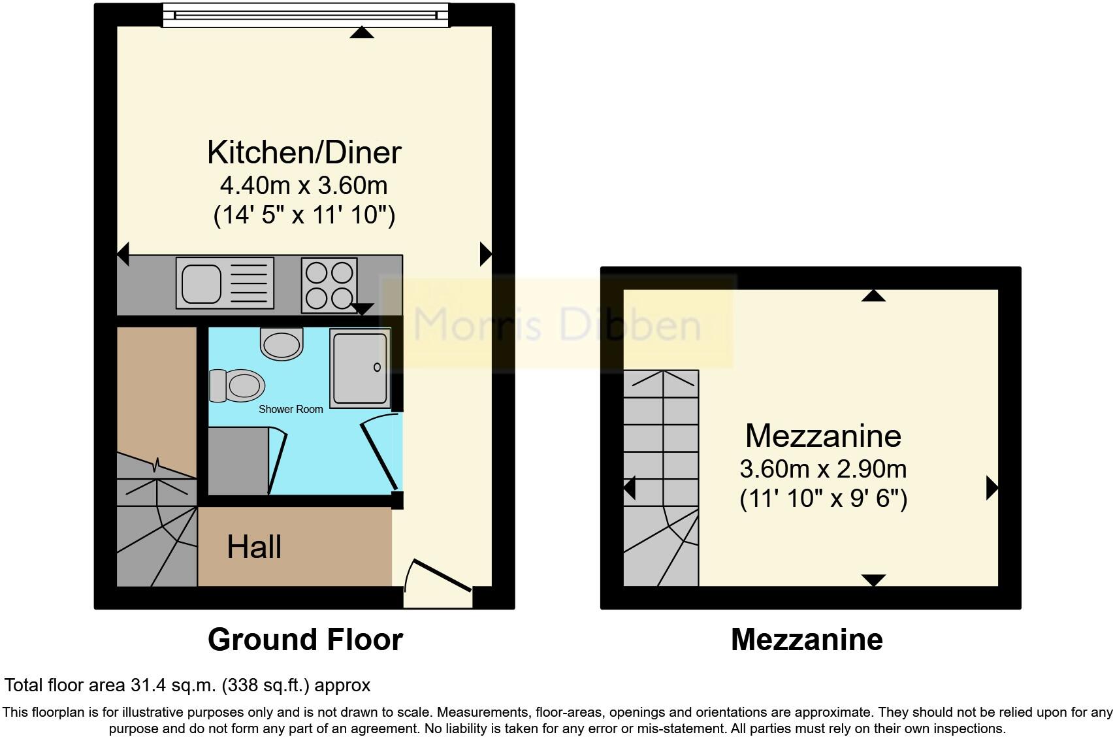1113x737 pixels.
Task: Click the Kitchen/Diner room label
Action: click(x=304, y=152)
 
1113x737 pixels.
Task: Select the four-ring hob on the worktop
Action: click(x=329, y=285)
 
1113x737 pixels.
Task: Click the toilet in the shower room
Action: click(x=237, y=385)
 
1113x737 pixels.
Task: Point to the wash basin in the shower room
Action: click(x=282, y=343)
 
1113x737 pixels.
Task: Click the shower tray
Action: click(x=360, y=367)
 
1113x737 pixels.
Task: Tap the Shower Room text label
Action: click(x=291, y=409)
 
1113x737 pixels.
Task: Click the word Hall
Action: click(x=254, y=547)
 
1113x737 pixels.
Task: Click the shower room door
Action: click(x=379, y=454)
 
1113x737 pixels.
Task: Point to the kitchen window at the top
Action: click(x=306, y=14)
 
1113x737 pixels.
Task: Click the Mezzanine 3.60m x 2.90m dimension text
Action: click(x=822, y=469)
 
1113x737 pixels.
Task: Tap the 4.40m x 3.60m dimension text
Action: click(x=304, y=186)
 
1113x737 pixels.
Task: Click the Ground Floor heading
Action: click(x=305, y=639)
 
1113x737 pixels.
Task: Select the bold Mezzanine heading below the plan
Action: click(x=807, y=639)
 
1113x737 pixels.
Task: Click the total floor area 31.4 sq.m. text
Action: click(x=187, y=685)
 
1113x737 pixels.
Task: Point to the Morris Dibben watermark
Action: click(x=557, y=323)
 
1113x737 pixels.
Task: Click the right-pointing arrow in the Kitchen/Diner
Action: click(x=485, y=254)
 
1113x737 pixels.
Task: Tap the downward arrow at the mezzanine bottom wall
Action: click(x=873, y=580)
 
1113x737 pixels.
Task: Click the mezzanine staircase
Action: click(x=661, y=477)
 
